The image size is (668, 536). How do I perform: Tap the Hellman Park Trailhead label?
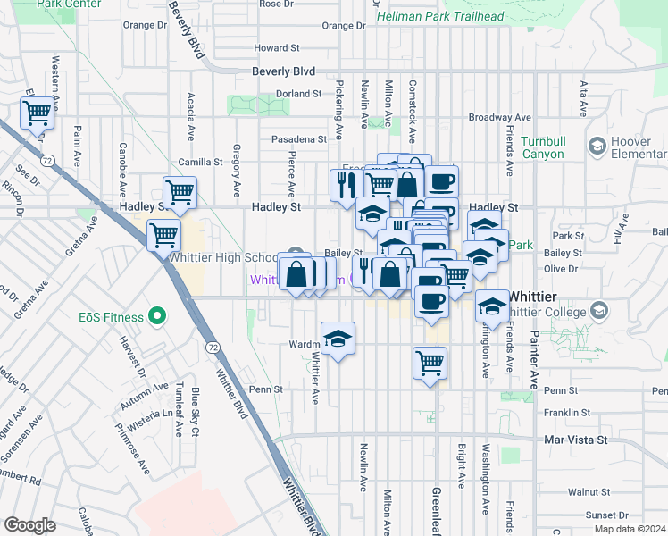[440, 16]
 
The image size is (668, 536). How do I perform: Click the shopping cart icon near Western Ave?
[37, 113]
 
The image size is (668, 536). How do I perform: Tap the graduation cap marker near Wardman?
[338, 339]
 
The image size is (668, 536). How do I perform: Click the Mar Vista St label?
[576, 440]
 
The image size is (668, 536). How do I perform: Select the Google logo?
[29, 525]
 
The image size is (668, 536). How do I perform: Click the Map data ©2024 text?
[630, 529]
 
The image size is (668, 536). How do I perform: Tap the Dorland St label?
[298, 93]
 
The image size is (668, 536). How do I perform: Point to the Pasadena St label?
[300, 139]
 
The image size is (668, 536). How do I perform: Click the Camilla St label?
[200, 162]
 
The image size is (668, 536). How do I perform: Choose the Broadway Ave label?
[501, 117]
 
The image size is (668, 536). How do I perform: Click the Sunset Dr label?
[606, 515]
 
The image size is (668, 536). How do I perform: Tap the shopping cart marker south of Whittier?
[430, 363]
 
